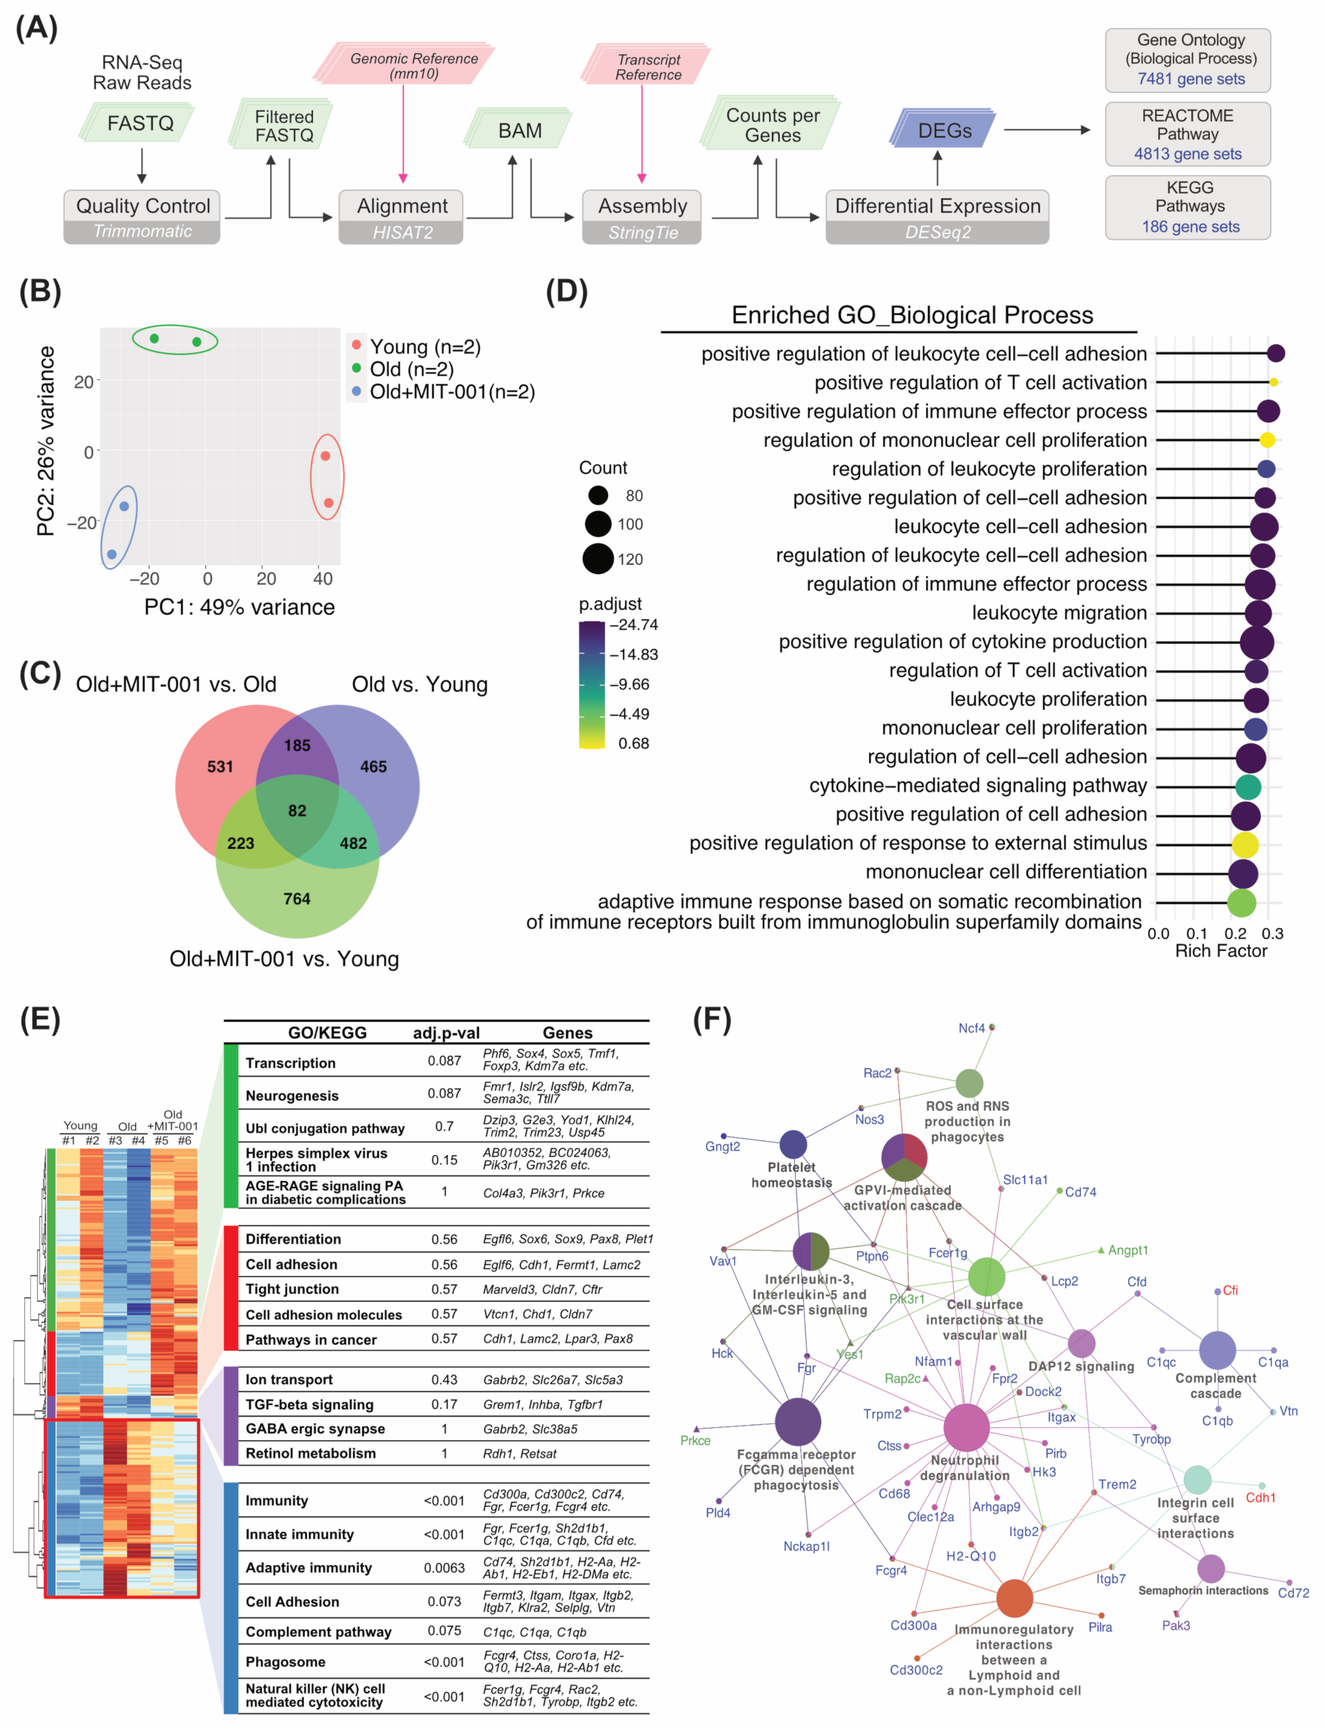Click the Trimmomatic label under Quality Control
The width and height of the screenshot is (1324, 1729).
[x=142, y=232]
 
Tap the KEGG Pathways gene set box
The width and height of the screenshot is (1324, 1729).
[x=1188, y=207]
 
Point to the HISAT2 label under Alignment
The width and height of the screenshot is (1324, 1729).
[x=402, y=232]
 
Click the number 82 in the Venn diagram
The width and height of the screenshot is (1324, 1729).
[x=297, y=810]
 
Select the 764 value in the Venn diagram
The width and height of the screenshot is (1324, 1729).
[x=297, y=898]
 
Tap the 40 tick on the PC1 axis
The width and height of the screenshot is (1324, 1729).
[x=323, y=579]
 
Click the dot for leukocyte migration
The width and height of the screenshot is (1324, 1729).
[x=1258, y=613]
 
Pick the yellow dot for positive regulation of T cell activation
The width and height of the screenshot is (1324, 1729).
[x=1274, y=382]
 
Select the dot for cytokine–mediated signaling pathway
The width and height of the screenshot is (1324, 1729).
[x=1249, y=786]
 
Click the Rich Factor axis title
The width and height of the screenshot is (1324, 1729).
[x=1221, y=951]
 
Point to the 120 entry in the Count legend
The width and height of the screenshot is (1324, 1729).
[x=630, y=559]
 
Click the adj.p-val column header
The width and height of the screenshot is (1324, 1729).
[x=446, y=1033]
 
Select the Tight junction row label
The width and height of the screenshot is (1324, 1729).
[x=293, y=1289]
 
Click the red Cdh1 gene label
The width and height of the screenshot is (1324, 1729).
[x=1260, y=1497]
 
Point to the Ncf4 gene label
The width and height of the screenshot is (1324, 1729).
[x=972, y=1029]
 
